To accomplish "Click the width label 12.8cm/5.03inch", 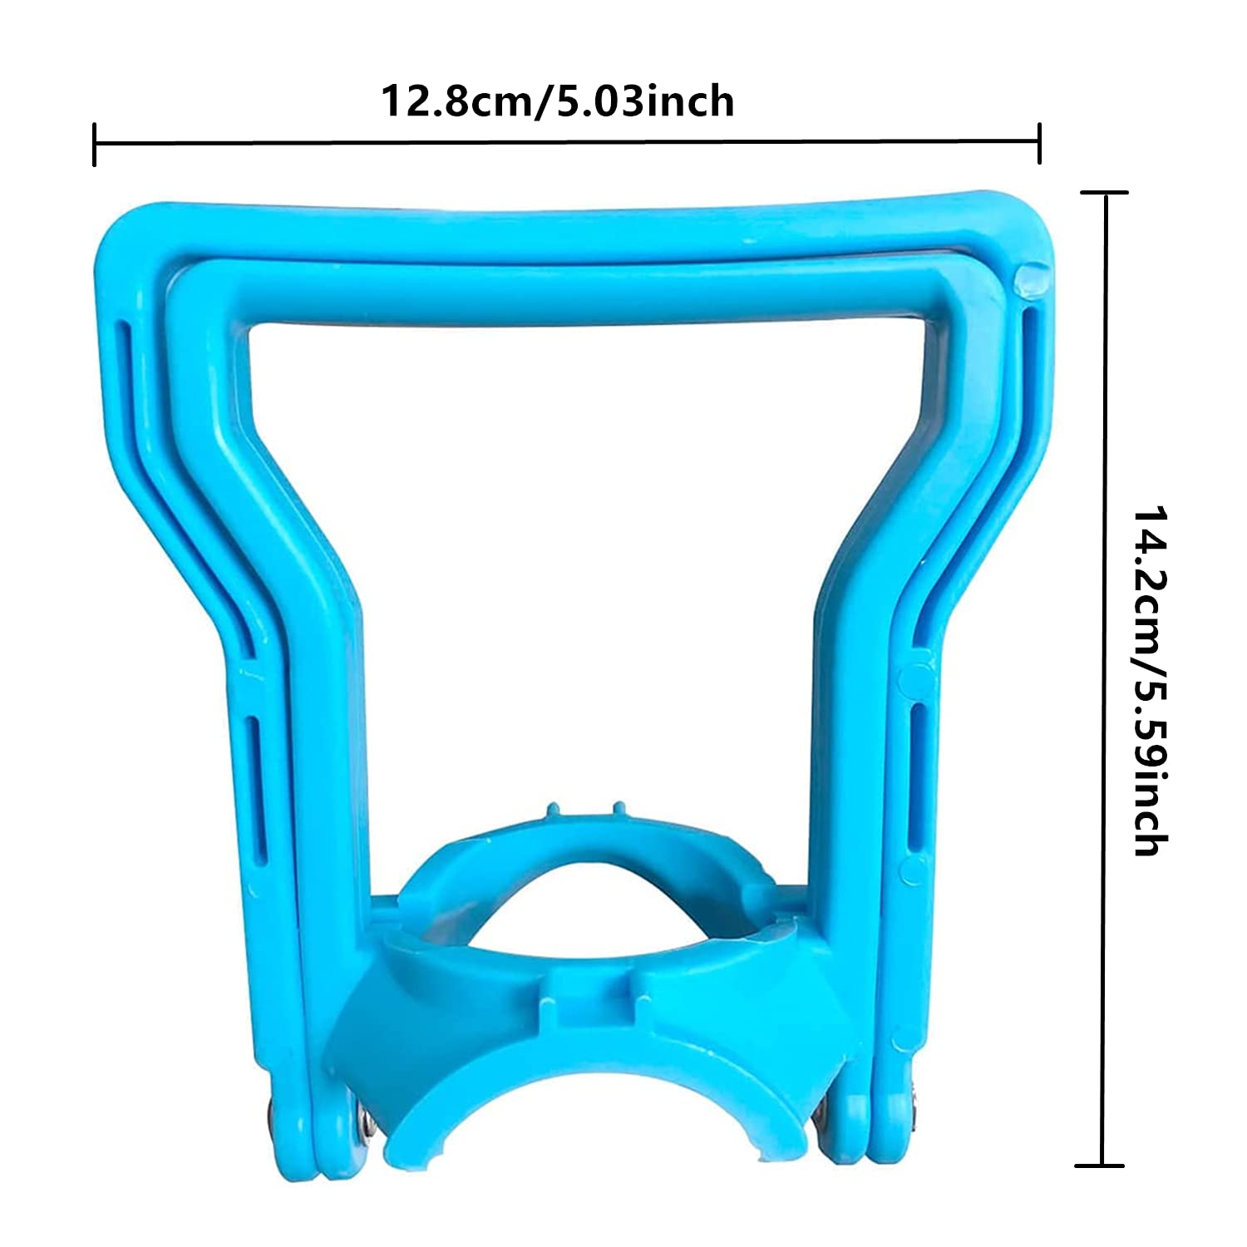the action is point(557,101).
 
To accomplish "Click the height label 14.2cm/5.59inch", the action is point(1151,682).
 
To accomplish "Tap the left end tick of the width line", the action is point(95,144).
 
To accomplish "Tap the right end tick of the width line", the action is point(1039,143).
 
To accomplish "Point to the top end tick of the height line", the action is point(1104,192).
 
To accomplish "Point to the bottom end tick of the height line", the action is point(1101,1166).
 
